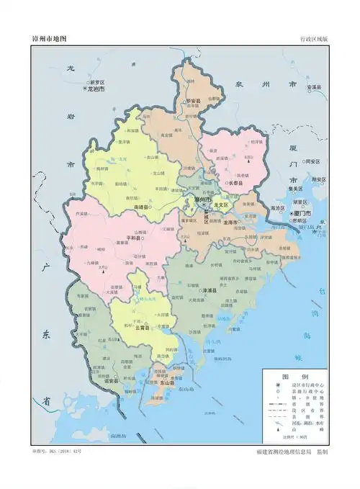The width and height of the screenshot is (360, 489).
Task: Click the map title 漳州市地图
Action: [x=49, y=39]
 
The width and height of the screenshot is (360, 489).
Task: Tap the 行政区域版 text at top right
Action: [x=313, y=39]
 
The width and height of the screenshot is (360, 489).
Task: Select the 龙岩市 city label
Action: [x=96, y=89]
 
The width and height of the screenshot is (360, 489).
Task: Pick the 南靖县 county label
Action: [x=140, y=207]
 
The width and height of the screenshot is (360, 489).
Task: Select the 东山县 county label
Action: [x=166, y=383]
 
